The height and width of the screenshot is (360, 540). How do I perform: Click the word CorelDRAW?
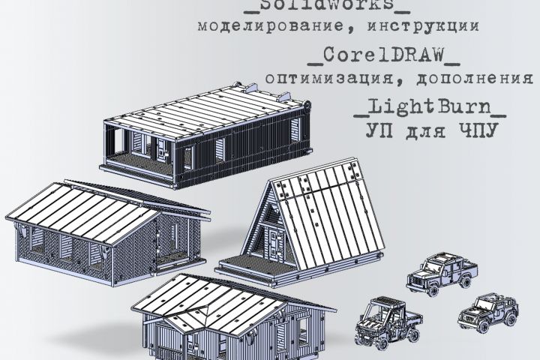pyautogui.click(x=384, y=55)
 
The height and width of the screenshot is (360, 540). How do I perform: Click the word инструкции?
pyautogui.click(x=423, y=25)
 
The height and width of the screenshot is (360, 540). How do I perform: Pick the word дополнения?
pyautogui.click(x=475, y=79)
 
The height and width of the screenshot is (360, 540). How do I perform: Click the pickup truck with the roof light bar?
pyautogui.click(x=442, y=274)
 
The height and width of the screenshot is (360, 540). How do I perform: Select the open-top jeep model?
pyautogui.click(x=487, y=313)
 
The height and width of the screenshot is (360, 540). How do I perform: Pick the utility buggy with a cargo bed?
pyautogui.click(x=388, y=322)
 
